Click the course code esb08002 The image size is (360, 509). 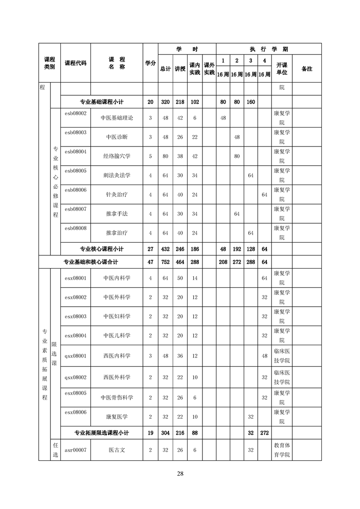point(75,113)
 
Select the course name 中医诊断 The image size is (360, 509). point(117,137)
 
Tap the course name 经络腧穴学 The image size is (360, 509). point(117,156)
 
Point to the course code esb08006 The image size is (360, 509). point(75,190)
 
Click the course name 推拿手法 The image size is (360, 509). point(117,214)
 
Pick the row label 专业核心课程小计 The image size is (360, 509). point(102,249)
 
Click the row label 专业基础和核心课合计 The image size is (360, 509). point(91,262)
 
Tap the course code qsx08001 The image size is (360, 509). point(75,356)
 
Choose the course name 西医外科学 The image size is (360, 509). point(117,377)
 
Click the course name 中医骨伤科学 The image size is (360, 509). point(117,397)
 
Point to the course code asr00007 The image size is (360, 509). point(75,450)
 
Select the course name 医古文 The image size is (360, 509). point(117,450)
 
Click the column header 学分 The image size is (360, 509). point(150,63)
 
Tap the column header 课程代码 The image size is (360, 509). point(75,63)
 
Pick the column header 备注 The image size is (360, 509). point(306,69)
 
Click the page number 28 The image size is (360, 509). point(180,474)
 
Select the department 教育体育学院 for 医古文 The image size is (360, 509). point(281,450)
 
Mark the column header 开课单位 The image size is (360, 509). point(281,69)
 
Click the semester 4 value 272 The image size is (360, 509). point(264,433)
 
